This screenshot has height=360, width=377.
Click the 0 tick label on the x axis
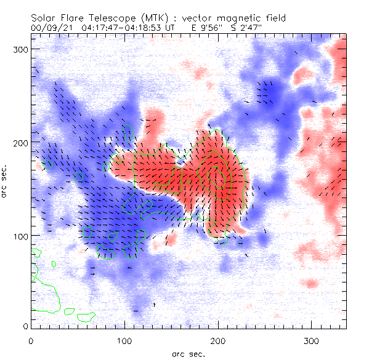pyautogui.click(x=31, y=340)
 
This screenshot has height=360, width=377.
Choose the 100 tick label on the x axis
pyautogui.click(x=124, y=340)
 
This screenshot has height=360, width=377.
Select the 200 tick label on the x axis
pyautogui.click(x=218, y=340)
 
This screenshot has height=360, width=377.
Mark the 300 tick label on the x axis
pyautogui.click(x=312, y=340)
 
